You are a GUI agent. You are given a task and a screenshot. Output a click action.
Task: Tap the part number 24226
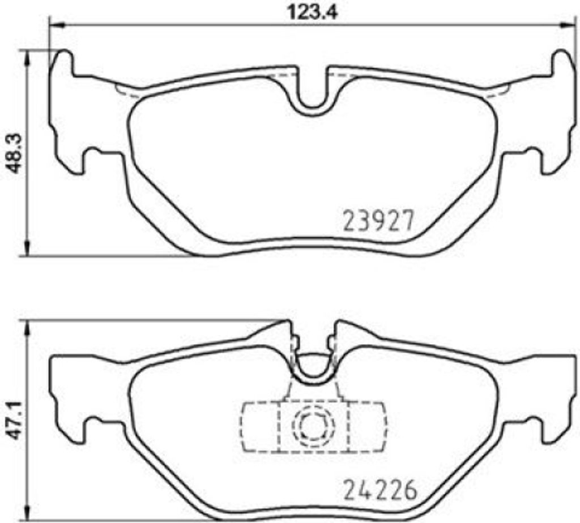pos(379,490)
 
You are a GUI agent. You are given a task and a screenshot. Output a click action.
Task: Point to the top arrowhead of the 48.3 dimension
pos(27,55)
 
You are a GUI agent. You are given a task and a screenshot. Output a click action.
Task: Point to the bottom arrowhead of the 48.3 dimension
pos(27,251)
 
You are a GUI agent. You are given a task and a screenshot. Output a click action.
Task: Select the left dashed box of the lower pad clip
pos(259,427)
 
